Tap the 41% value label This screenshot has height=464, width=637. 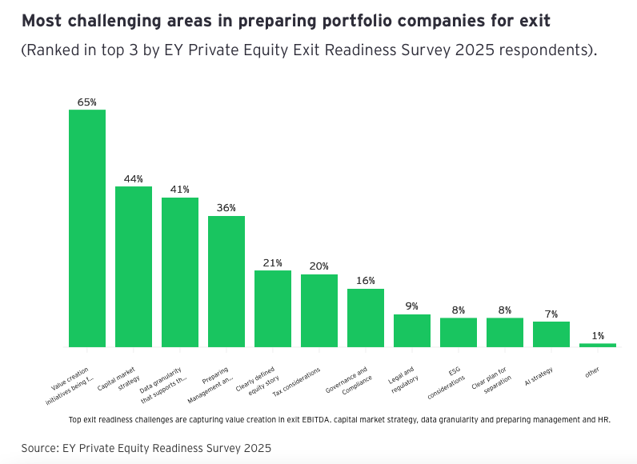(180, 190)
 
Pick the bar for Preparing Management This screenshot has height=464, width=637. (226, 281)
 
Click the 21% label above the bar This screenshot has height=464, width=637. (273, 262)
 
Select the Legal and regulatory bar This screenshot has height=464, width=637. (412, 330)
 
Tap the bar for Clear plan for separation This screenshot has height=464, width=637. (505, 332)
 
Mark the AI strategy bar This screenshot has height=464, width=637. (551, 334)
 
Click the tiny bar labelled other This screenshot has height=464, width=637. (598, 345)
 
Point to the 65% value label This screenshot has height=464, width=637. (87, 102)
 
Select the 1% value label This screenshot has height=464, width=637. (598, 336)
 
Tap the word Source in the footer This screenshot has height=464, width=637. (42, 448)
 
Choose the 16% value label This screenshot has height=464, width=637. (366, 281)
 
